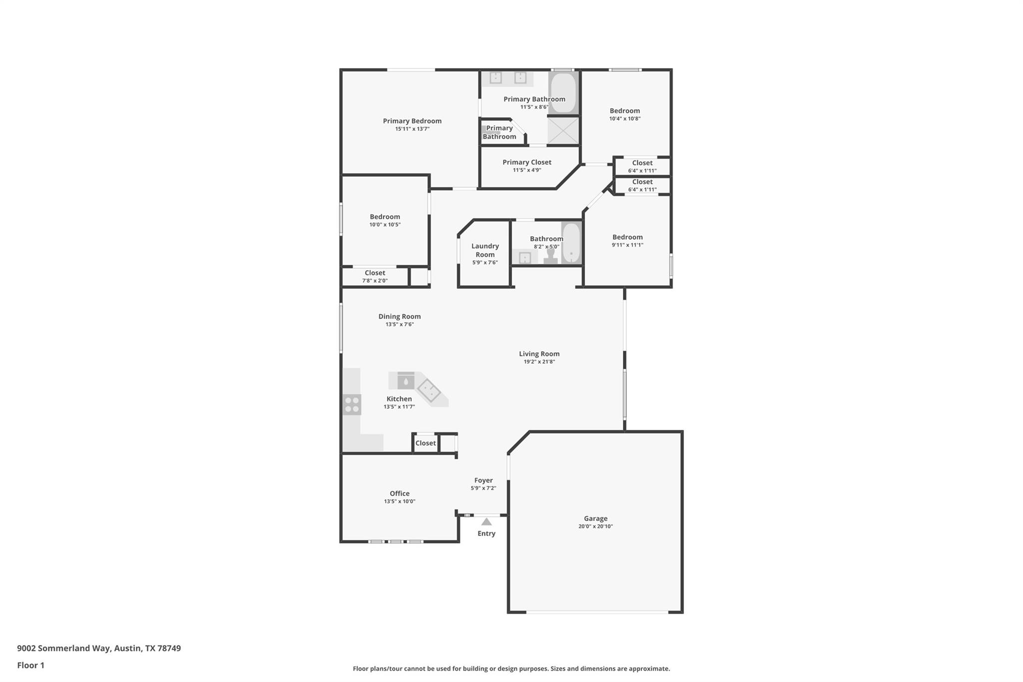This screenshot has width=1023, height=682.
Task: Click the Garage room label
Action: point(595,519)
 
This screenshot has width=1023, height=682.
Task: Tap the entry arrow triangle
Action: point(487,522)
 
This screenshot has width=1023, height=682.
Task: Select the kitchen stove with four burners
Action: point(352,404)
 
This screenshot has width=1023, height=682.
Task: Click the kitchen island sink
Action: point(406,382)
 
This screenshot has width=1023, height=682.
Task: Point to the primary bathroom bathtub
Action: point(563,93)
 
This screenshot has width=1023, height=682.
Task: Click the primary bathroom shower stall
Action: point(563,130)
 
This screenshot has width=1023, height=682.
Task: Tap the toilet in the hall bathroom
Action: point(550,256)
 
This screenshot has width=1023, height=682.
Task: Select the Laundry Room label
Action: point(485,250)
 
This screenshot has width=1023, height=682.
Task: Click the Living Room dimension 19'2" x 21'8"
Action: point(539,362)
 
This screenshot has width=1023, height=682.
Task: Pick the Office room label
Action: point(400,493)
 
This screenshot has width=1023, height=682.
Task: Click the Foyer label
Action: point(484,480)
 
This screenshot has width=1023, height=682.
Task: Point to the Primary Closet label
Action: point(527,162)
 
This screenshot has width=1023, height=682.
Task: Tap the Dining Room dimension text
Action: point(400,324)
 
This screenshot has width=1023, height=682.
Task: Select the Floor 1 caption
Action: point(31,665)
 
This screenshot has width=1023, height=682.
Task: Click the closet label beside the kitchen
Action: point(426,443)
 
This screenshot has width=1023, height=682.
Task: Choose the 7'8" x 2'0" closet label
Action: point(375,280)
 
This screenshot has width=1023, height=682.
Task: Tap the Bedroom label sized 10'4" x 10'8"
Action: point(624,111)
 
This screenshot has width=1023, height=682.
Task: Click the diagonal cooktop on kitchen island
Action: point(429,391)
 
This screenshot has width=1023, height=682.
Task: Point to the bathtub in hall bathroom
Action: point(571,243)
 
